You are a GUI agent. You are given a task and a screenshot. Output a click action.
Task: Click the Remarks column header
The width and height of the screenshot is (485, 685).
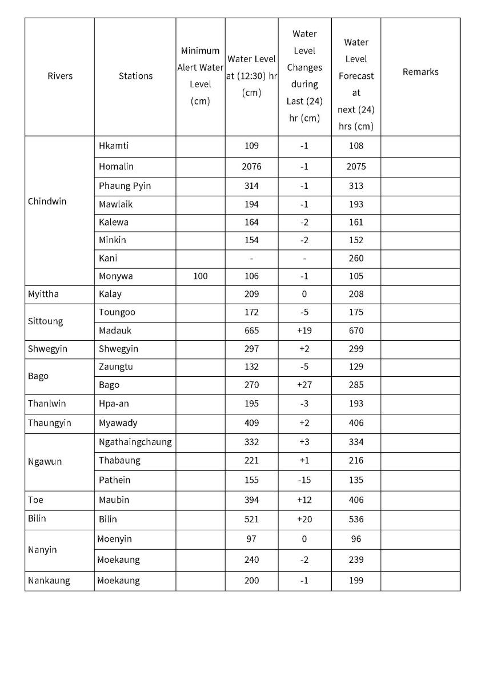(x=420, y=72)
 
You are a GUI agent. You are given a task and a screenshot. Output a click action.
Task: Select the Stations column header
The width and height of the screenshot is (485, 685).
(x=135, y=76)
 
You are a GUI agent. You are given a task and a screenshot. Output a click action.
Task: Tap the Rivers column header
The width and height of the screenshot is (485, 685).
(x=60, y=76)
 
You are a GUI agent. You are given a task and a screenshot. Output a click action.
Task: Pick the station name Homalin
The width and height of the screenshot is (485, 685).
(x=116, y=167)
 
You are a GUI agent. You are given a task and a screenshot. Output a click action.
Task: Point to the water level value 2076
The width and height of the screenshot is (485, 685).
(x=251, y=167)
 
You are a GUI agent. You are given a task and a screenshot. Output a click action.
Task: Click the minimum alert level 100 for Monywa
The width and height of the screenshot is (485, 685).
(x=200, y=276)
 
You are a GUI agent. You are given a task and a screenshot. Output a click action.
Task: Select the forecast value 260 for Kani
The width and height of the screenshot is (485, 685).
(x=356, y=258)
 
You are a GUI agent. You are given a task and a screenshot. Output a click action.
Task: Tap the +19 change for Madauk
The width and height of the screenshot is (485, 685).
(x=304, y=331)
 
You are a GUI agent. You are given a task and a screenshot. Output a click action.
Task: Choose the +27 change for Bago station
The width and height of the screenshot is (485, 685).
(x=304, y=385)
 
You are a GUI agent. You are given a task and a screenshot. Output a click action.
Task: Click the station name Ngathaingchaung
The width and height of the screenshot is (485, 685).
(x=135, y=442)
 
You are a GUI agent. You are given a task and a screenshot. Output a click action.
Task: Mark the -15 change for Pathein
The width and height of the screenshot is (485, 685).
(x=304, y=480)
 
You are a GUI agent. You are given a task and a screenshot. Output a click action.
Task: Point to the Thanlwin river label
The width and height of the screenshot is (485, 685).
(x=47, y=404)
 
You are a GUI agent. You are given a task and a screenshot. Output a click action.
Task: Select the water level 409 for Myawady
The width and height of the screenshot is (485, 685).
(x=251, y=423)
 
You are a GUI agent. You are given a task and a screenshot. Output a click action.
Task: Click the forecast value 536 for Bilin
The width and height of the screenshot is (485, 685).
(x=356, y=519)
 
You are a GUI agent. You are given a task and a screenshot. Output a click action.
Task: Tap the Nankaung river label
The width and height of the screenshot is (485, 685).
(x=49, y=581)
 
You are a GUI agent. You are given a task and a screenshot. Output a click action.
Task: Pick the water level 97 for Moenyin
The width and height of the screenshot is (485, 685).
(x=251, y=539)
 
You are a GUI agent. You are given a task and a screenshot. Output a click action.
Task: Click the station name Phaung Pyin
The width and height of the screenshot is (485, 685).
(x=125, y=186)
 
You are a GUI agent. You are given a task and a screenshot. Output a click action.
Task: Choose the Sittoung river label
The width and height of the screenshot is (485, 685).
(x=45, y=321)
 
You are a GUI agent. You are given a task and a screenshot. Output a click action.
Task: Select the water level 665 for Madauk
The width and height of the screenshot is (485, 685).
(x=251, y=331)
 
